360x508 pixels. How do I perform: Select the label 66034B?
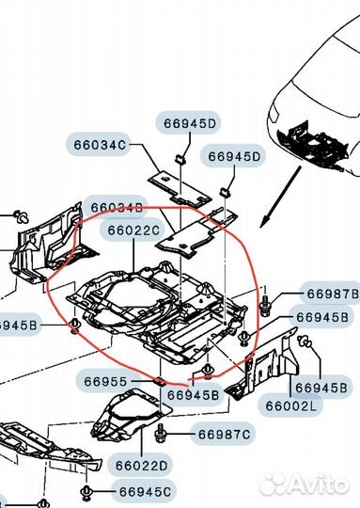117,207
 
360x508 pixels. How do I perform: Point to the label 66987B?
329,294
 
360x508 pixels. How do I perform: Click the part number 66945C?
146,490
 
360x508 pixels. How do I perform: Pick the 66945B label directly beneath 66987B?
323,317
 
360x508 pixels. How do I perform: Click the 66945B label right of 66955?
193,395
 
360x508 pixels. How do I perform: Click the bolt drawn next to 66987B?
267,304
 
